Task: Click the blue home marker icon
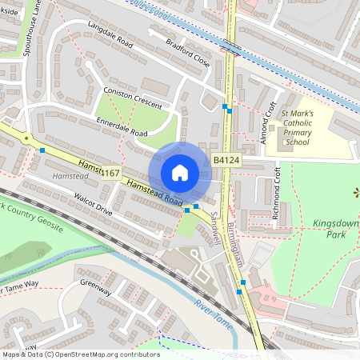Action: (x=180, y=172)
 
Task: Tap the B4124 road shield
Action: (x=226, y=161)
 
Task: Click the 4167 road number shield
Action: (x=110, y=173)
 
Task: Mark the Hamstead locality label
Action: (x=66, y=174)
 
